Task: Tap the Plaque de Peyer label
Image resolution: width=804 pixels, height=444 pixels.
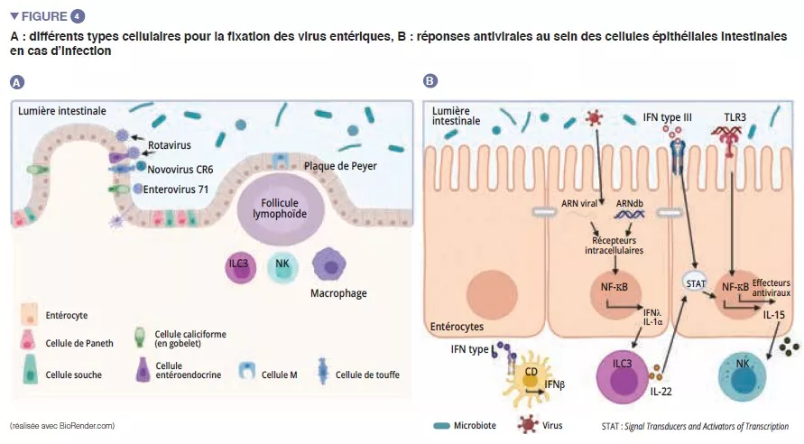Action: (x=340, y=165)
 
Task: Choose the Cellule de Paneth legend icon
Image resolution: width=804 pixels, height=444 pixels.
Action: (x=29, y=342)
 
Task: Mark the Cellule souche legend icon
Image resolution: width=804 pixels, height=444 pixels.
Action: (x=29, y=373)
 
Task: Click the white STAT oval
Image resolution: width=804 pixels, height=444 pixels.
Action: (x=696, y=282)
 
